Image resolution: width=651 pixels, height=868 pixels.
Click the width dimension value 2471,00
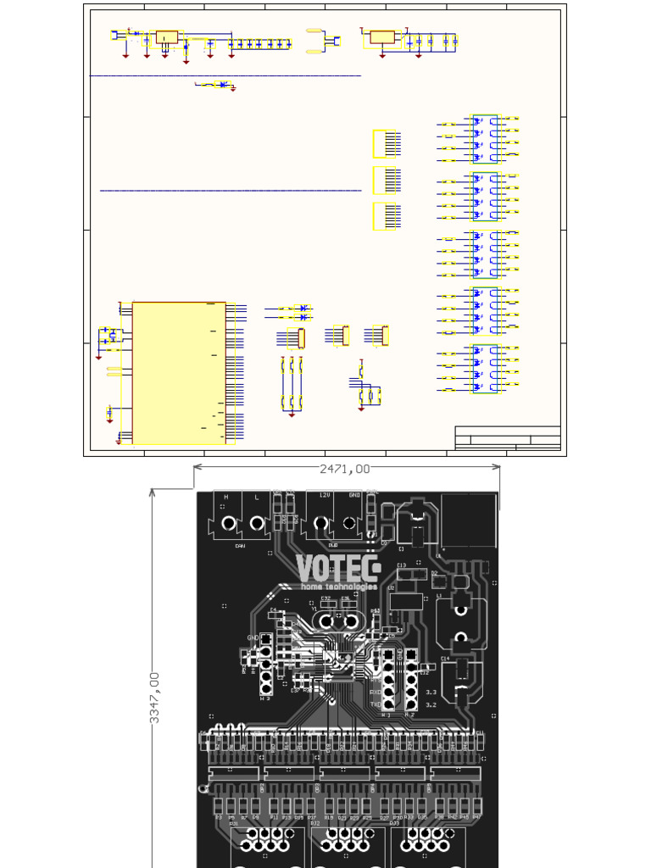pyautogui.click(x=344, y=469)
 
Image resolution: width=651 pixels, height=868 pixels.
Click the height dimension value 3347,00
pyautogui.click(x=155, y=697)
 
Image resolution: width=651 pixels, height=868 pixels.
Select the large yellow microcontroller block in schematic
pyautogui.click(x=179, y=373)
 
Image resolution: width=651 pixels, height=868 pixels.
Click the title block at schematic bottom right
pyautogui.click(x=508, y=438)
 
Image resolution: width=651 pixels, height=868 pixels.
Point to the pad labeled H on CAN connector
pyautogui.click(x=228, y=524)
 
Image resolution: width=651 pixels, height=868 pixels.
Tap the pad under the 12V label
pyautogui.click(x=321, y=524)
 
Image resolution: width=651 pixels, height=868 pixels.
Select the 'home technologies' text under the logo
pyautogui.click(x=337, y=587)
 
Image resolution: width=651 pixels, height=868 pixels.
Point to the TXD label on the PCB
pyautogui.click(x=375, y=704)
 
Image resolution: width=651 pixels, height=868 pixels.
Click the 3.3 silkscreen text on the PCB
pyautogui.click(x=431, y=693)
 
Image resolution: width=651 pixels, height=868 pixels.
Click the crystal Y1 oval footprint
pyautogui.click(x=335, y=620)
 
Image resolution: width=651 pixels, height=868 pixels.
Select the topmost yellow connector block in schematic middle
pyautogui.click(x=384, y=144)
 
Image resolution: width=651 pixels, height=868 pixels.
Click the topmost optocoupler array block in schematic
pyautogui.click(x=485, y=138)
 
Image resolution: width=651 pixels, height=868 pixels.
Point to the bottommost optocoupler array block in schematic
pyautogui.click(x=485, y=369)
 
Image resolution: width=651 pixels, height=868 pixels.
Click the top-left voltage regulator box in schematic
pyautogui.click(x=167, y=37)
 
